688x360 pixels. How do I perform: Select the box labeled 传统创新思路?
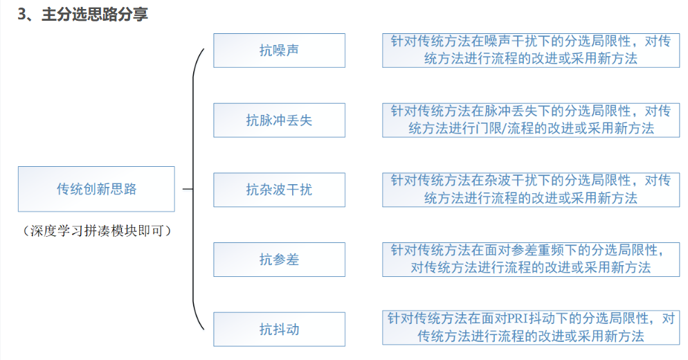coord(96,189)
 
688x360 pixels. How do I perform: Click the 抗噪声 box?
coord(279,51)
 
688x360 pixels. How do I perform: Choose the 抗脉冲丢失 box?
coord(279,120)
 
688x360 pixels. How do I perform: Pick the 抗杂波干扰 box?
coord(279,190)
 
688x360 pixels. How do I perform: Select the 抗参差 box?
coord(279,260)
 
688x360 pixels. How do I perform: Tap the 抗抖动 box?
coord(279,330)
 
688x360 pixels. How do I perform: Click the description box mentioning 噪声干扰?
coord(530,51)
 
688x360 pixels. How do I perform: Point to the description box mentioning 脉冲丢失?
coord(530,120)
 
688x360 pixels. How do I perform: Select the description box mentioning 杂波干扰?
coord(530,190)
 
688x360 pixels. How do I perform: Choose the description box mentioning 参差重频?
coord(530,259)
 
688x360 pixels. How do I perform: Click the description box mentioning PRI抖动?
coord(530,328)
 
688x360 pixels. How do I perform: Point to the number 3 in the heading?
coord(22,15)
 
